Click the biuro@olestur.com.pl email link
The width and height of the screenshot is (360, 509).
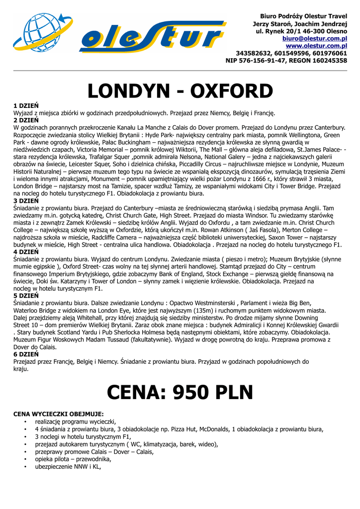pyautogui.click(x=314, y=38)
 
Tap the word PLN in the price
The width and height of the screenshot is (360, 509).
pyautogui.click(x=234, y=392)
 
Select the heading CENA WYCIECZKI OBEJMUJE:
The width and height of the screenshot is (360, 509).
pyautogui.click(x=58, y=414)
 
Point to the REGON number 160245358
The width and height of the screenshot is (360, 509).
pyautogui.click(x=326, y=61)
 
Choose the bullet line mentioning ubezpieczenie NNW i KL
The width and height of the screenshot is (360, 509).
pyautogui.click(x=68, y=467)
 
